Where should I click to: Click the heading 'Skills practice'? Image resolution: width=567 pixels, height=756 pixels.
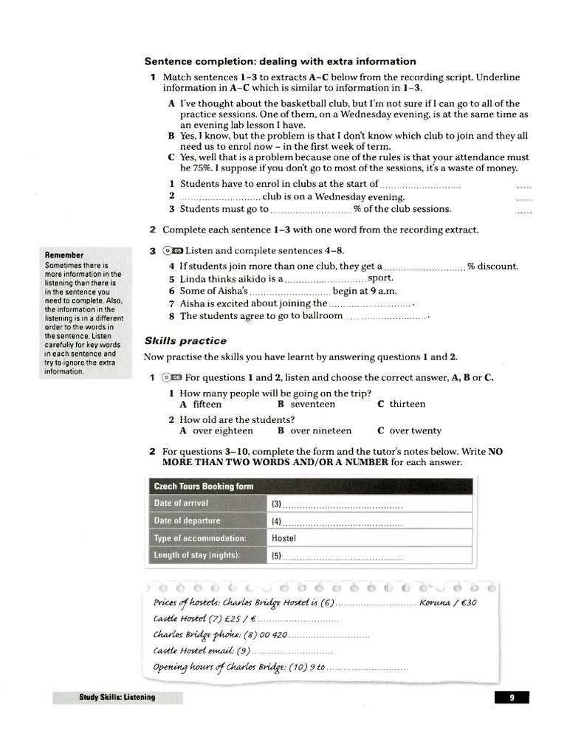tap(185, 341)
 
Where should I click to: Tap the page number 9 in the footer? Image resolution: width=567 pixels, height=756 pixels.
tap(512, 697)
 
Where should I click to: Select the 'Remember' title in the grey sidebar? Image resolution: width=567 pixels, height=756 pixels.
tap(64, 255)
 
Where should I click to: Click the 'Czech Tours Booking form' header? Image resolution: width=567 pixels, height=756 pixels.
tap(203, 487)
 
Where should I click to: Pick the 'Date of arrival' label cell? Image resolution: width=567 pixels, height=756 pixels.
tap(181, 504)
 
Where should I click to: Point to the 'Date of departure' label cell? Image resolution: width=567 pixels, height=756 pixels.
tap(187, 520)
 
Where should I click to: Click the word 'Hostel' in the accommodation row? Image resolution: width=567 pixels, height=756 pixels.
tap(283, 538)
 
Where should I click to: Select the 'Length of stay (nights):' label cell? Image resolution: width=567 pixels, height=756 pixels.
tap(197, 555)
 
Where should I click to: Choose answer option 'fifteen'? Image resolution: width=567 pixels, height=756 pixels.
tap(207, 405)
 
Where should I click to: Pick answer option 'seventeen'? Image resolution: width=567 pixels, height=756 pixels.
tap(312, 405)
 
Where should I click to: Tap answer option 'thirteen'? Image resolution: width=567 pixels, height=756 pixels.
tap(407, 405)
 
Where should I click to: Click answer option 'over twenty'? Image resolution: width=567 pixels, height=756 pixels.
tap(415, 431)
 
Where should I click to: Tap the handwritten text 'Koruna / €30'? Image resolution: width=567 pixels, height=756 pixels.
tap(448, 602)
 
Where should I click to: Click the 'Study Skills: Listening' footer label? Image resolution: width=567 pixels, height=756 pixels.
tap(117, 697)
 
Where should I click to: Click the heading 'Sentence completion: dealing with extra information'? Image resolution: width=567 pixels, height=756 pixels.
tap(280, 61)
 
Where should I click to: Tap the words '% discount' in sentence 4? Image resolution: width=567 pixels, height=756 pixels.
tap(492, 266)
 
